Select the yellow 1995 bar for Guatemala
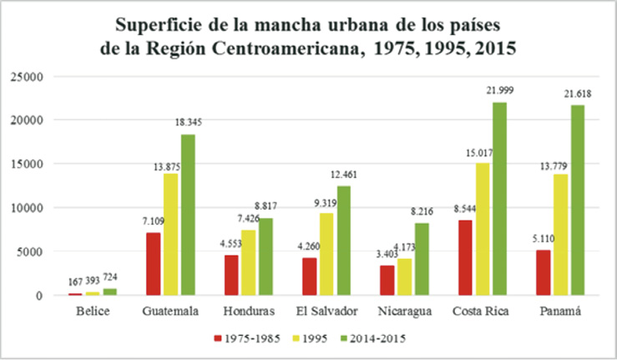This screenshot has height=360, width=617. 171,234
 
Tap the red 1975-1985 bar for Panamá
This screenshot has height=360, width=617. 542,272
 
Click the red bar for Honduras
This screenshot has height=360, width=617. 231,275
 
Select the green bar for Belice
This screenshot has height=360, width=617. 109,292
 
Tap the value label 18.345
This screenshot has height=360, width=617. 187,122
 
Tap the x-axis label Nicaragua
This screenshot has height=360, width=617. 404,312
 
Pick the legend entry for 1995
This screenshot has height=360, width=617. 307,338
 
